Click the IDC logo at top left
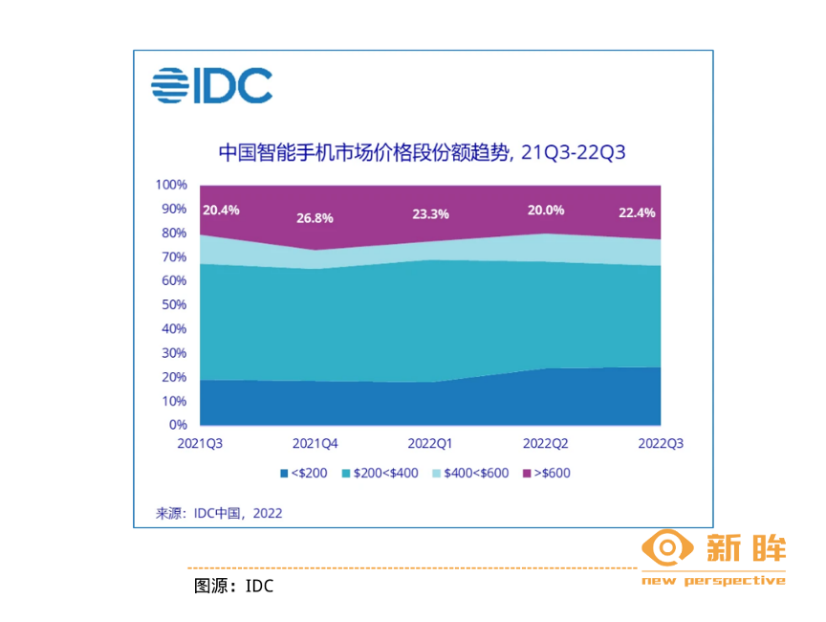tap(211, 85)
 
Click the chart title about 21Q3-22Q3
tap(422, 153)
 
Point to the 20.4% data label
tap(221, 210)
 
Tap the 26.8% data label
tap(314, 217)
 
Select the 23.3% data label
tap(429, 214)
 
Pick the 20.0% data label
tap(545, 210)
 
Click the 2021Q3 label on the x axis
tap(201, 444)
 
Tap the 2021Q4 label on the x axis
tap(315, 444)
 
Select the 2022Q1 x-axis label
tap(430, 444)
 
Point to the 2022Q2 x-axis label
tap(546, 444)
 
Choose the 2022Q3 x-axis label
tap(661, 444)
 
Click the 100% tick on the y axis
tap(173, 185)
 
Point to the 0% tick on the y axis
tap(179, 424)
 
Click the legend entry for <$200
tap(304, 473)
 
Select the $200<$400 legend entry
tap(380, 473)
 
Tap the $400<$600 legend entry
tap(470, 473)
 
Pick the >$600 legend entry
tap(546, 473)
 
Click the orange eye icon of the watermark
tap(666, 548)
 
